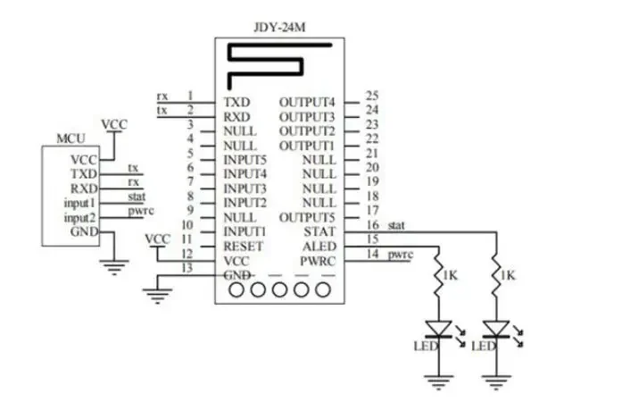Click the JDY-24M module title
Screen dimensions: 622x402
pos(279,28)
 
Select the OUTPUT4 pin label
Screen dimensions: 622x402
pos(307,103)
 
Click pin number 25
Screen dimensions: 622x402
pos(372,96)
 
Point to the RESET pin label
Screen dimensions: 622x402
pos(243,247)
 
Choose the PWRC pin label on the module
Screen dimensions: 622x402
pos(318,262)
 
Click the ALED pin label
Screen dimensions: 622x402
pos(319,247)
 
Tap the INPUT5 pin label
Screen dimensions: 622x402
pos(245,160)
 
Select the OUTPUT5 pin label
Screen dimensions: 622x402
pos(307,218)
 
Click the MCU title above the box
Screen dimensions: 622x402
pos(70,138)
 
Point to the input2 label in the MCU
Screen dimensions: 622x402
pos(79,218)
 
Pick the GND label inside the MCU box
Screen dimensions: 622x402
pos(84,231)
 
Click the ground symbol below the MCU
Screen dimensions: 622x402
pos(114,267)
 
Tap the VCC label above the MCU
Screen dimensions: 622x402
pos(114,125)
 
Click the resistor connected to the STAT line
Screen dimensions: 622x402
pos(496,275)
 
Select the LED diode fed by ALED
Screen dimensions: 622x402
pos(439,329)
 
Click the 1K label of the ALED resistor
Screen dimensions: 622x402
pos(451,275)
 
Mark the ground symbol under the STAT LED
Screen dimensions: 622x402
pos(496,382)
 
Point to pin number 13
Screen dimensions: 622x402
pos(187,268)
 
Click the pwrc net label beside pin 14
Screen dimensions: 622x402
pos(400,255)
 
